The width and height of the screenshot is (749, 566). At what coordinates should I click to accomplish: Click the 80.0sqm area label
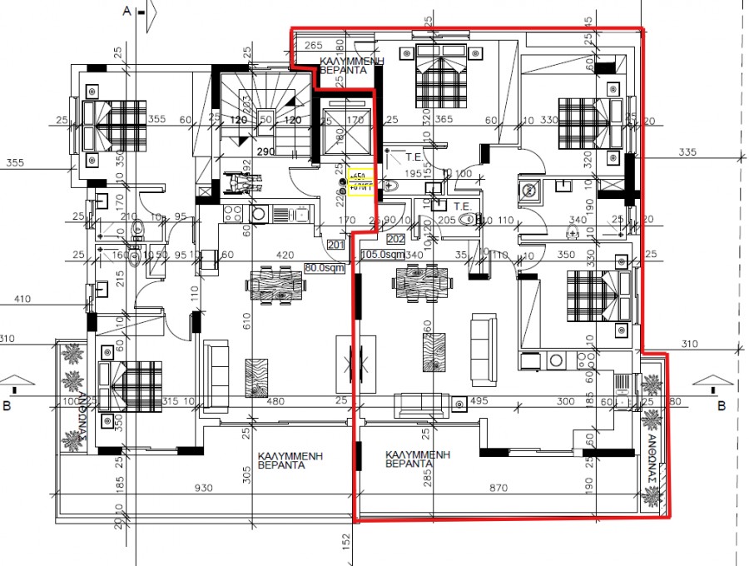(323, 268)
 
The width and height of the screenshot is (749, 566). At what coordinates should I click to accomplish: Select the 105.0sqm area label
(383, 255)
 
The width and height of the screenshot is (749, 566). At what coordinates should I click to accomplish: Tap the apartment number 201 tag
(335, 245)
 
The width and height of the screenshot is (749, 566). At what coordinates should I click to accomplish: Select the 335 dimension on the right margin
(687, 152)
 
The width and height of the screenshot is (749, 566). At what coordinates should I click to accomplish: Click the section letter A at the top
(127, 12)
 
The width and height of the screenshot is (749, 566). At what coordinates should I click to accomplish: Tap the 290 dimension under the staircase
(266, 153)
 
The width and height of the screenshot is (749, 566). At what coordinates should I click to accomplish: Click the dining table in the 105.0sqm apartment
(424, 282)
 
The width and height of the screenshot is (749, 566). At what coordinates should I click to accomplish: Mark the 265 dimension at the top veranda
(313, 44)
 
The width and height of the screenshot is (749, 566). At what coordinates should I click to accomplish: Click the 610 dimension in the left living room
(246, 323)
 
